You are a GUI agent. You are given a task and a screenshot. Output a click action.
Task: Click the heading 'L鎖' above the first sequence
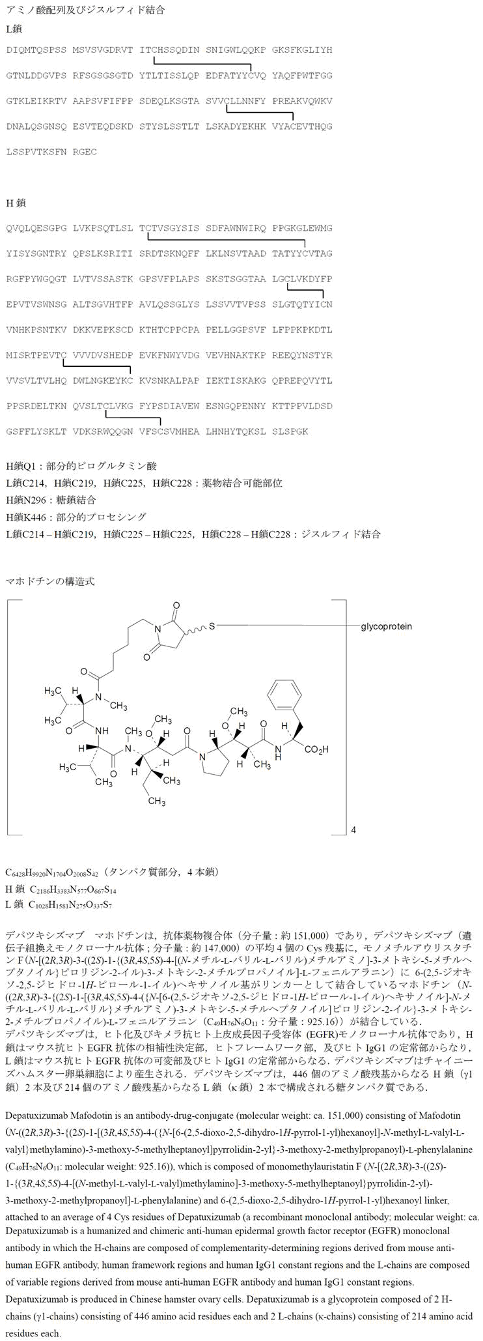(x=14, y=29)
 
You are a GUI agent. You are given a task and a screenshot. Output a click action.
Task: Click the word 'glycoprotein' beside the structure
(x=386, y=626)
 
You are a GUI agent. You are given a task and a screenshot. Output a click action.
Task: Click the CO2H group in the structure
(x=316, y=750)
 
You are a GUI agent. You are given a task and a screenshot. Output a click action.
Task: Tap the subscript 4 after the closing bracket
(x=353, y=830)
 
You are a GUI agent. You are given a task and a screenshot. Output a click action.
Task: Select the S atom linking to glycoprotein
(x=212, y=626)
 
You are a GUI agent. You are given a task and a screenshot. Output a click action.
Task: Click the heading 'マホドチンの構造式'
(x=50, y=581)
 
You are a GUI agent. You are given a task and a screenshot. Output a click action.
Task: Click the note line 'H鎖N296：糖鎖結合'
(x=51, y=500)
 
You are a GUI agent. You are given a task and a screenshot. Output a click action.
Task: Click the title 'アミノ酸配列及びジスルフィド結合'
(x=85, y=10)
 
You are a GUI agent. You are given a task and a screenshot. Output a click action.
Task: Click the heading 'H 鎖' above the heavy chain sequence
(x=16, y=203)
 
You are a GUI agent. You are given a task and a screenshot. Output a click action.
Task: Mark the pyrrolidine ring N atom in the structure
(x=204, y=757)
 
